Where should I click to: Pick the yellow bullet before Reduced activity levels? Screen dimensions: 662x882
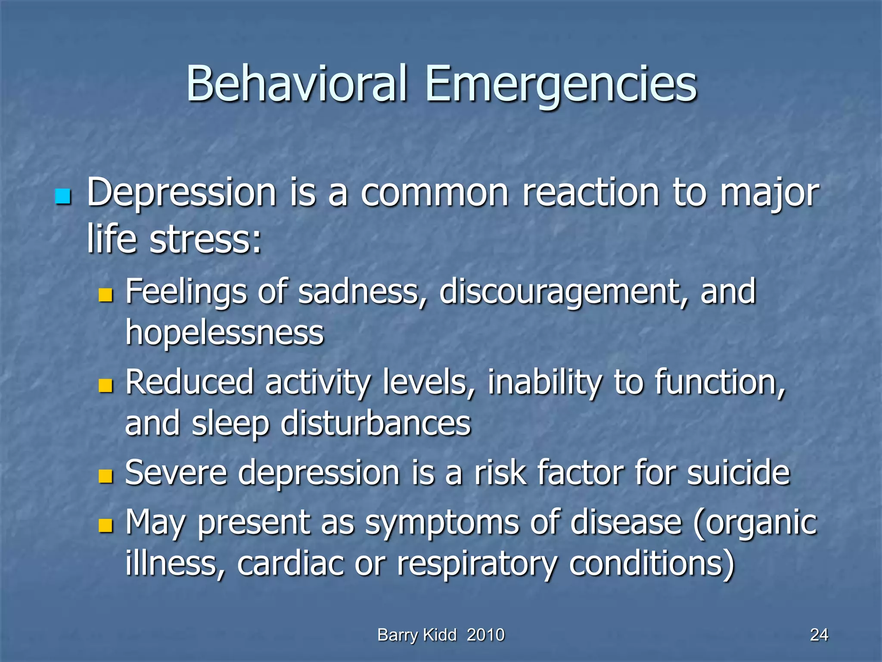[x=105, y=385]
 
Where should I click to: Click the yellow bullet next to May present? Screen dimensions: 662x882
[x=105, y=525]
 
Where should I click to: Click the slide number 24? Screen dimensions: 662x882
[x=819, y=635]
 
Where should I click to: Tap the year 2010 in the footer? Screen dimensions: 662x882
[x=485, y=635]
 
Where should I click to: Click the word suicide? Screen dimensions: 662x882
[x=738, y=473]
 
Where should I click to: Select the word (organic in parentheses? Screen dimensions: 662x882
[x=755, y=522]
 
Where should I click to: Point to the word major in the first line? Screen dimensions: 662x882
[x=770, y=193]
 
